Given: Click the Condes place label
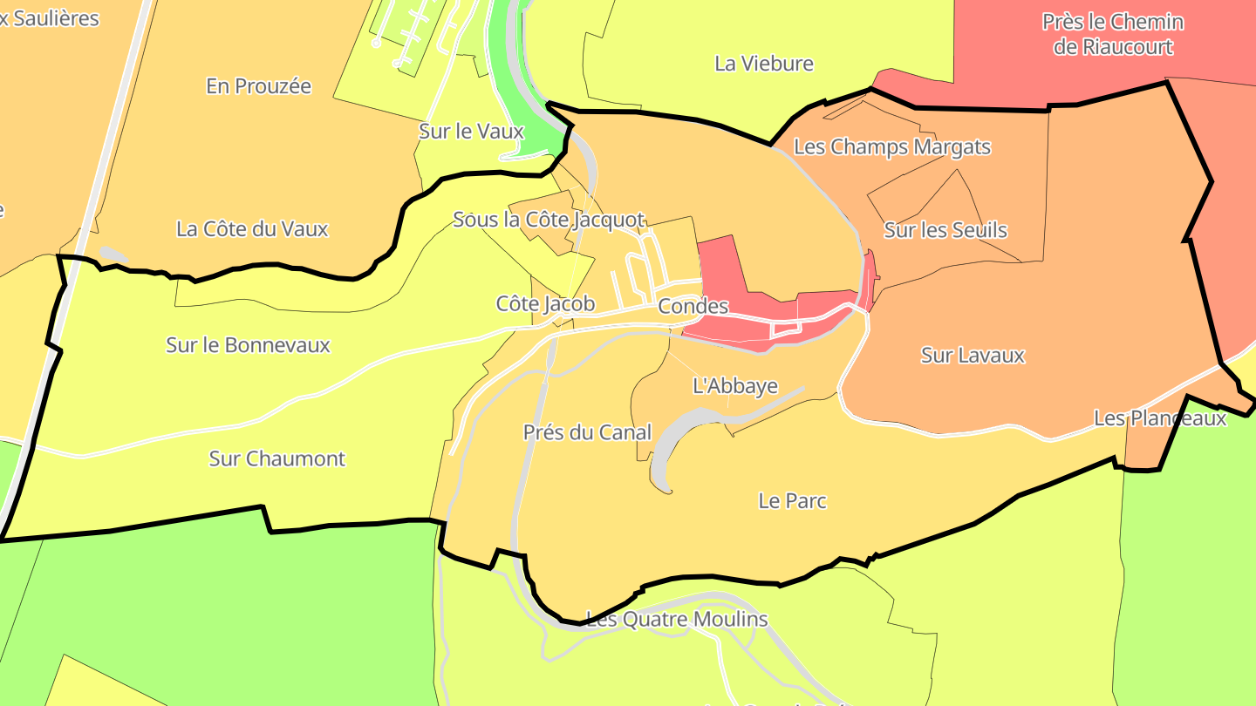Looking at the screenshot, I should coord(693,306).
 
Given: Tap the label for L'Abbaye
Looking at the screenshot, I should coord(734,385).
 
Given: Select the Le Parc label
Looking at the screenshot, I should coord(792,501).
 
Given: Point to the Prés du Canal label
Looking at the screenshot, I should coord(587,432).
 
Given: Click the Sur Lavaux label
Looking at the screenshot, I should coord(973,356).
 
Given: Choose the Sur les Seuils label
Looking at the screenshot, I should coord(945,230).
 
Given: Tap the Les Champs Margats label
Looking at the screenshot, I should coord(892,146).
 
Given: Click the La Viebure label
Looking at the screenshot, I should coord(763,64).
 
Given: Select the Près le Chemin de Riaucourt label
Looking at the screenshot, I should coord(1113,34).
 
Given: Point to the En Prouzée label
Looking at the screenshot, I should coord(258,86).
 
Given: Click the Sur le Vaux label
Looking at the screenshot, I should coord(471,132).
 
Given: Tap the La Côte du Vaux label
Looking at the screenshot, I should coord(252,229).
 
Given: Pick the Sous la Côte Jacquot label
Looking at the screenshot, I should coord(549,220).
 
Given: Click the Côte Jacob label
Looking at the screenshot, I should coord(545,303).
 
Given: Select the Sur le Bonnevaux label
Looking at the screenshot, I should coord(248,345).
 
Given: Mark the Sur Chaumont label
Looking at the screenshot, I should coord(277,458).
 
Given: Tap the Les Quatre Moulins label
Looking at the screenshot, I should coord(677,620).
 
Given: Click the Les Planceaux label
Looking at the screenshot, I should coord(1160,418).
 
